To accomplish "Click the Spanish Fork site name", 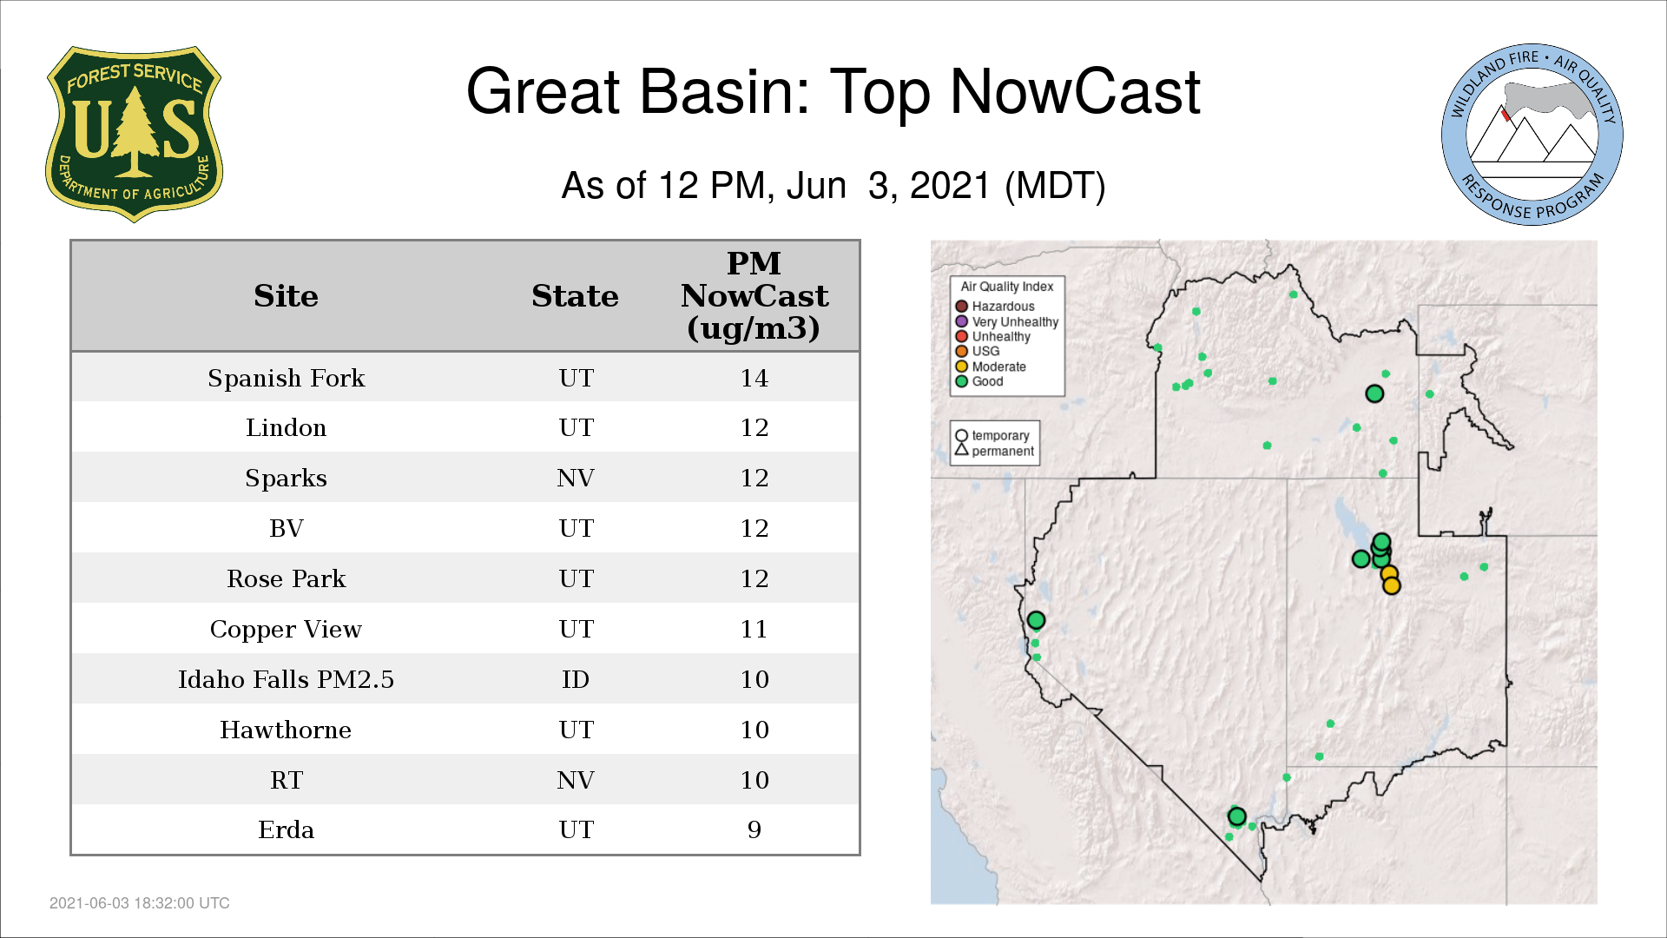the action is [x=286, y=378].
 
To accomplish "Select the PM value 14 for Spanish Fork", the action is [x=754, y=378].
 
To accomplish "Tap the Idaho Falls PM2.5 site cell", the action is [x=286, y=679].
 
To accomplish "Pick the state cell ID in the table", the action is [x=576, y=679].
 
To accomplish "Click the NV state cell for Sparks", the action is [x=576, y=478].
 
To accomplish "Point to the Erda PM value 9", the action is [x=754, y=830].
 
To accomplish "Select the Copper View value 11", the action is [x=754, y=629].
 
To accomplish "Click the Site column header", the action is [x=286, y=296].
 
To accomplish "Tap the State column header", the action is [x=575, y=296].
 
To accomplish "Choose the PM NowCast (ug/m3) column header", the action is [x=754, y=295].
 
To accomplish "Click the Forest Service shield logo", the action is [x=134, y=134].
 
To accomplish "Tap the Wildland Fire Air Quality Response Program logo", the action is [x=1532, y=135].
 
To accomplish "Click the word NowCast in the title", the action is [x=1075, y=91].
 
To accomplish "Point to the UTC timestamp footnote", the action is [x=139, y=903].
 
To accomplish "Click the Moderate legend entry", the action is [x=991, y=367].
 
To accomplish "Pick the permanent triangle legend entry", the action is [x=994, y=451].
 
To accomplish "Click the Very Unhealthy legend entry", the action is [x=1007, y=321].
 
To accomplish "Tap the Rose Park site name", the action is [x=286, y=578].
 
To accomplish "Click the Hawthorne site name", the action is [x=286, y=730].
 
